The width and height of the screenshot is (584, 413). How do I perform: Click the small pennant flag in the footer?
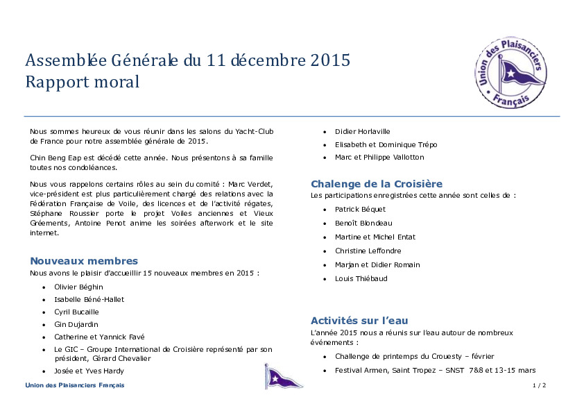[274, 376]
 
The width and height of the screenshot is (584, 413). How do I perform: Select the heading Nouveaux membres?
[84, 261]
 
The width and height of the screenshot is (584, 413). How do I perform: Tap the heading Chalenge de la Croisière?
[377, 184]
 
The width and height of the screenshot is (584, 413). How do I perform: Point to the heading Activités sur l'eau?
[359, 321]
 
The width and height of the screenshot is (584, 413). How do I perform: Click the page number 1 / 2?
[539, 385]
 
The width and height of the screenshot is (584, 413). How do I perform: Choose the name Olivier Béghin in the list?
[78, 287]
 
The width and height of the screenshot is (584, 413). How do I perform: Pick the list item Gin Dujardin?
[76, 324]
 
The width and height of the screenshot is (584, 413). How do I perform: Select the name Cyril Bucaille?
[76, 312]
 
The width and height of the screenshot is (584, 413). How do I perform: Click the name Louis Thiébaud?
[361, 278]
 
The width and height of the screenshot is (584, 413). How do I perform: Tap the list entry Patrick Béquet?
[360, 209]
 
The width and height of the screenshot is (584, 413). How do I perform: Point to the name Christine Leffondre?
[368, 251]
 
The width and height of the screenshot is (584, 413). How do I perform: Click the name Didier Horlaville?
[362, 131]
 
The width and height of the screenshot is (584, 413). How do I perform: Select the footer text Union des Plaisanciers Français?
[75, 385]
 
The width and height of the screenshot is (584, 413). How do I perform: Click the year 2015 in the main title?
[330, 60]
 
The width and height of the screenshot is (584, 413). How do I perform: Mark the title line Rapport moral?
[83, 82]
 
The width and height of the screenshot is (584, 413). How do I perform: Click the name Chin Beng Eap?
[53, 158]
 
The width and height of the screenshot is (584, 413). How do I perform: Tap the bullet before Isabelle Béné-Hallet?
[44, 300]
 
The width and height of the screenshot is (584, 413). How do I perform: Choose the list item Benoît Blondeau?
[363, 223]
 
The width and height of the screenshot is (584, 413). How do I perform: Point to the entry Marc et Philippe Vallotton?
[379, 157]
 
